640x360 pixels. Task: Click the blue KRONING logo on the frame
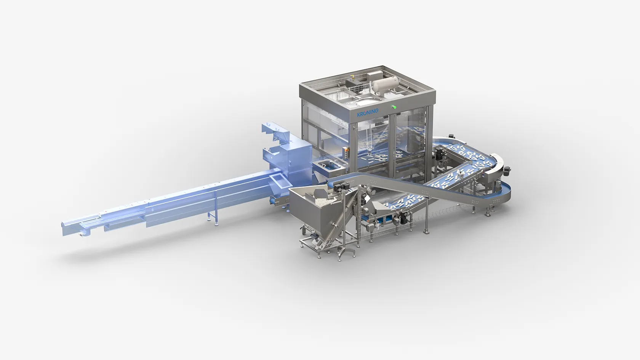368,112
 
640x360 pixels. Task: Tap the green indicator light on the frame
394,107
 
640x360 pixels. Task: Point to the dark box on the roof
351,83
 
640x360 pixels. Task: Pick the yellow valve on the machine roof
352,77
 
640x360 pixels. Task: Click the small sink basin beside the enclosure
328,166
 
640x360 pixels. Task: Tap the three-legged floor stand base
347,253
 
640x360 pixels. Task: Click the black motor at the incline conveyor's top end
341,186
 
